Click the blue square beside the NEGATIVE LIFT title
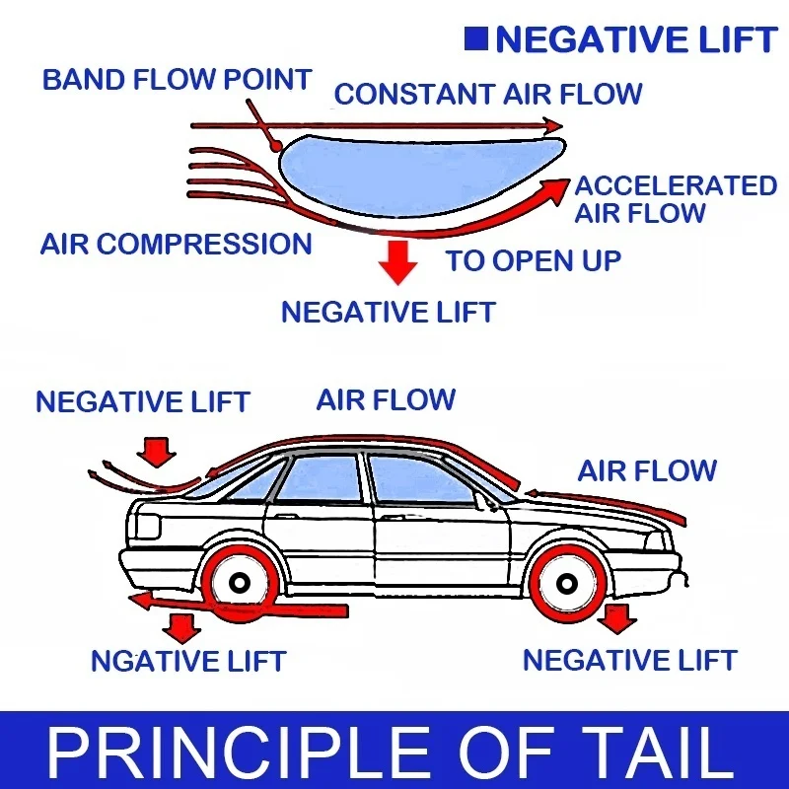[x=475, y=39]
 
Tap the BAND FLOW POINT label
[x=178, y=80]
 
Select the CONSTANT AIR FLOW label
[x=488, y=94]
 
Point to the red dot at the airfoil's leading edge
[x=275, y=146]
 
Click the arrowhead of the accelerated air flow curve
[x=556, y=188]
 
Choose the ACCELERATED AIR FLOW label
[x=676, y=199]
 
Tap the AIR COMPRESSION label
[x=177, y=244]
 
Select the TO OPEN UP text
[x=534, y=260]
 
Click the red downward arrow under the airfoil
[x=398, y=262]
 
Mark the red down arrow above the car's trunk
[x=157, y=452]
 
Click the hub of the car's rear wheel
[x=239, y=583]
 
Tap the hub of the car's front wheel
[x=567, y=584]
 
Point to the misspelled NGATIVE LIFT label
[x=188, y=661]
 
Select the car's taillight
[x=147, y=527]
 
